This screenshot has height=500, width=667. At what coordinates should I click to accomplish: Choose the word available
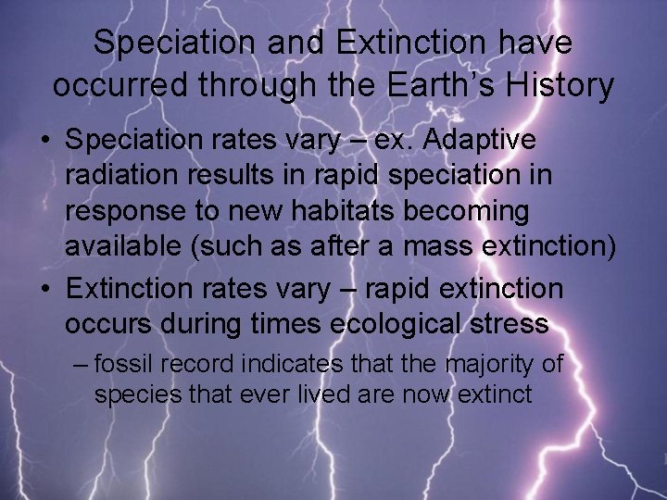click(x=123, y=245)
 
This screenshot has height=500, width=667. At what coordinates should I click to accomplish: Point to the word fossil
click(x=120, y=363)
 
